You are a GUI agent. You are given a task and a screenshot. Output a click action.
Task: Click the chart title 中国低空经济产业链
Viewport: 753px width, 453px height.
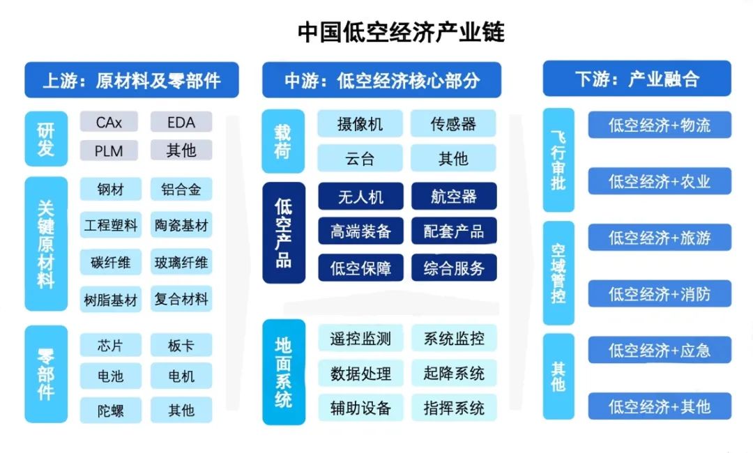pos(401,32)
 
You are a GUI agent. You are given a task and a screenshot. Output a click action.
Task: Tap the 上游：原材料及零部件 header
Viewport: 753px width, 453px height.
pos(132,79)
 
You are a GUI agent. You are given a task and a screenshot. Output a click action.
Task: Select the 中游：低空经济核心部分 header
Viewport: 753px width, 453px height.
pos(382,79)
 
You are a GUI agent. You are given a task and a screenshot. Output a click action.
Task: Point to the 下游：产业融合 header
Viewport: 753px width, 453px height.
pos(637,79)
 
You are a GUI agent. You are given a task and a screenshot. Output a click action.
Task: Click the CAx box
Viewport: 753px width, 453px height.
pos(109,122)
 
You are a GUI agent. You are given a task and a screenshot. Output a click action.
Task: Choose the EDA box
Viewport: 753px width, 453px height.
pos(181,122)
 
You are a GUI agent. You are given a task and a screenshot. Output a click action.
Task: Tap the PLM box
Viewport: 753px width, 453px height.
pos(109,151)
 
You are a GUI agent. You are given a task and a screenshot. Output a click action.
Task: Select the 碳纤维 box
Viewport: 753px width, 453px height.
pos(110,262)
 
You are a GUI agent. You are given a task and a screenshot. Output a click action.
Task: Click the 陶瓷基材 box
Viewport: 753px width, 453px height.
pos(181,224)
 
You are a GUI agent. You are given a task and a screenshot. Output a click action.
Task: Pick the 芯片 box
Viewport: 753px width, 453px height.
pos(110,345)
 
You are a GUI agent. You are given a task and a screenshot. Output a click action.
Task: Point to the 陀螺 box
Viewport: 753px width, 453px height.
pos(110,410)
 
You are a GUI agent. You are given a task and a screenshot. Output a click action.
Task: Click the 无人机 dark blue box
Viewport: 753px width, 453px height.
pos(360,197)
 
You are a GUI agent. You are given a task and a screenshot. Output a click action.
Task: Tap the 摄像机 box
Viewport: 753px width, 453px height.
pos(360,124)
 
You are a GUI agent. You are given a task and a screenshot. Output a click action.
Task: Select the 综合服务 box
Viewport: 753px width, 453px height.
pos(454,268)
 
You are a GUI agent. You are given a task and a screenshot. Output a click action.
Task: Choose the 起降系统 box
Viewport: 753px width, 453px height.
pos(454,373)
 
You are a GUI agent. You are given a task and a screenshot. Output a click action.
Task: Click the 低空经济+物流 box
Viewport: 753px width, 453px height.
pos(660,125)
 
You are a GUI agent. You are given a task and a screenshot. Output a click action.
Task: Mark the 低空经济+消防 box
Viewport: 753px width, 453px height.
pos(660,293)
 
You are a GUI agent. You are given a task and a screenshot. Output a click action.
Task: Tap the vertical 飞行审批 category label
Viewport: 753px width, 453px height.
pos(558,160)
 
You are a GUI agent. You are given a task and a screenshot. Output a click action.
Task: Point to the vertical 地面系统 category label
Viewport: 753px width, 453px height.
pos(283,372)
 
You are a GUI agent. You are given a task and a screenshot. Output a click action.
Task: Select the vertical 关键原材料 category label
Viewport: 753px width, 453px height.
pos(46,244)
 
